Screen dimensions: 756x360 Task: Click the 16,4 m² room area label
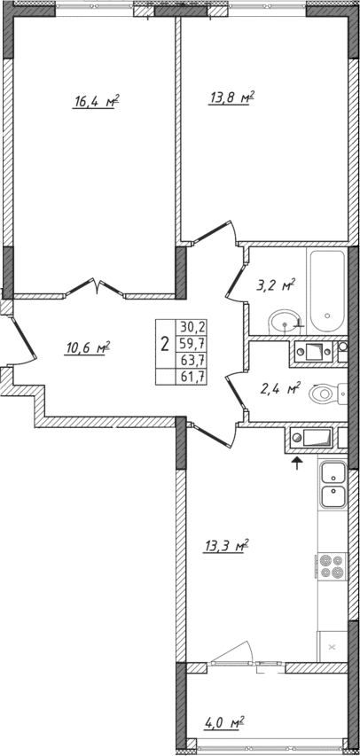click(97, 103)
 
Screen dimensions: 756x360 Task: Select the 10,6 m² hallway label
click(86, 348)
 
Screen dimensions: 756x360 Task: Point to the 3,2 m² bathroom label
click(276, 286)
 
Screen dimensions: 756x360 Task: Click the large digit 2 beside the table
click(165, 342)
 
